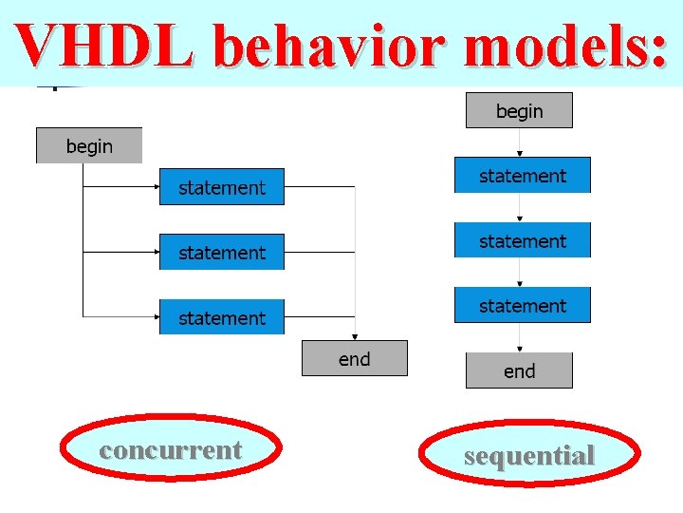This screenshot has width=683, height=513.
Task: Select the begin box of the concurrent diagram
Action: (x=89, y=146)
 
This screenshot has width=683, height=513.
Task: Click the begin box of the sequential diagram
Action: (x=519, y=111)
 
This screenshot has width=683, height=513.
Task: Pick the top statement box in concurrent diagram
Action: (x=222, y=188)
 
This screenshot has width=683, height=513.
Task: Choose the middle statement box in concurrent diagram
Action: (x=222, y=253)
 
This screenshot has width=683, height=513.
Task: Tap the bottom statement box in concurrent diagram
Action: (x=222, y=317)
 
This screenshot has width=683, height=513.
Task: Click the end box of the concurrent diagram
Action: (x=355, y=359)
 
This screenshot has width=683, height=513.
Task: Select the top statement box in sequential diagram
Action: (x=523, y=176)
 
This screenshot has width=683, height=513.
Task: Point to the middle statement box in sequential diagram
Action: (x=523, y=241)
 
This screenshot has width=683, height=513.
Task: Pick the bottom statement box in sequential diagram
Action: (x=523, y=306)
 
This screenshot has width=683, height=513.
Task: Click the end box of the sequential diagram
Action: (x=519, y=371)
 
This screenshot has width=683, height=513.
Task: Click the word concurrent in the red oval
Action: (x=171, y=449)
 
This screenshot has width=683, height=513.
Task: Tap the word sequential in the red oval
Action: (x=529, y=455)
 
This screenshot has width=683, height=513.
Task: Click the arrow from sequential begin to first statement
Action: (x=519, y=142)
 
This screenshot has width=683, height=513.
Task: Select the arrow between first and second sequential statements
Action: (x=519, y=208)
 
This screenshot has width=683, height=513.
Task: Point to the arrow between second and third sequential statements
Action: (x=519, y=273)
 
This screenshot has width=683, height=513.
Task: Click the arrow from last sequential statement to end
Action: (x=519, y=338)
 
